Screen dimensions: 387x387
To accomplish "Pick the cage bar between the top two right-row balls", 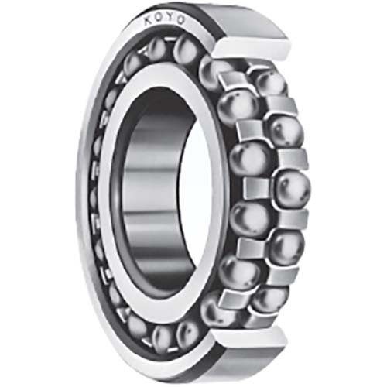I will click(279, 105).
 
